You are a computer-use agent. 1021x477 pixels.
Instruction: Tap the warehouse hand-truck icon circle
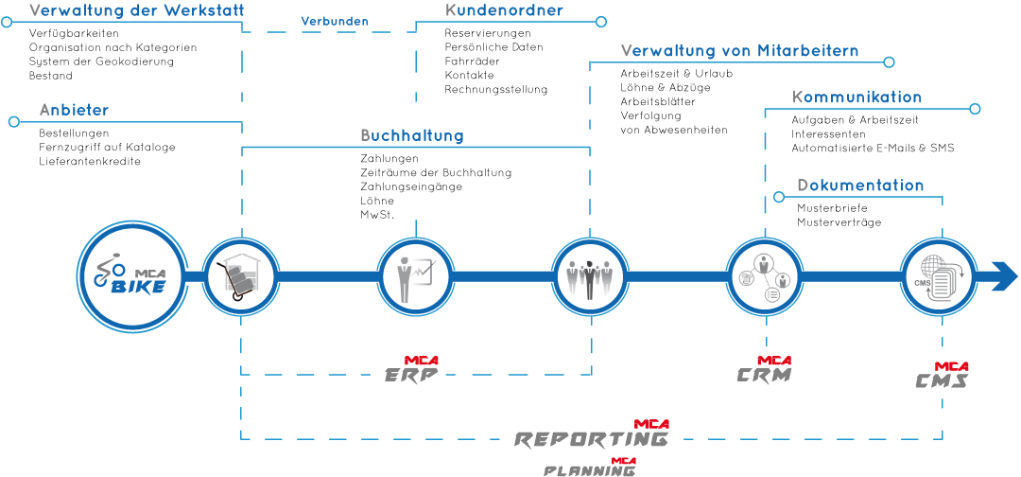point(241,276)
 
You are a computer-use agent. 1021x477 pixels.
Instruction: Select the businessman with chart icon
point(416,276)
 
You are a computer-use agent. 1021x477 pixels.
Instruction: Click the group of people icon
point(590,276)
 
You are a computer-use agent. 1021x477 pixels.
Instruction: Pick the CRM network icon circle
point(764,276)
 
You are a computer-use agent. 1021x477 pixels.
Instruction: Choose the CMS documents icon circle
point(938,276)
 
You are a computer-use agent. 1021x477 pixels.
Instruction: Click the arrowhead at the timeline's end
point(1003,276)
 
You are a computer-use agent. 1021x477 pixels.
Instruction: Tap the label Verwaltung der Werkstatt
point(137,11)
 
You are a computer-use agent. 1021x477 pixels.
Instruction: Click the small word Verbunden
point(335,21)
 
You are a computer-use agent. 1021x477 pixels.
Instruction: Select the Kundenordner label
point(504,11)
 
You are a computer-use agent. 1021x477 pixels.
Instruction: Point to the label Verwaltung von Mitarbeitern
point(739,51)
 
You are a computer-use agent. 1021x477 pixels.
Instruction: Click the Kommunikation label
point(857,97)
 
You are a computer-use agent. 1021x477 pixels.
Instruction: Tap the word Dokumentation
point(860,185)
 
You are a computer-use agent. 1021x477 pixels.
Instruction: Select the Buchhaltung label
point(412,135)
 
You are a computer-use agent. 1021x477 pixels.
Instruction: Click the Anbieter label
point(74,111)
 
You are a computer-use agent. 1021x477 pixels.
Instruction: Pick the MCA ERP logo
point(413,371)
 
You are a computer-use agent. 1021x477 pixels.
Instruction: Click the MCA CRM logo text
point(765,371)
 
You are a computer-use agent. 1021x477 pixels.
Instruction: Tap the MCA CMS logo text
point(943,377)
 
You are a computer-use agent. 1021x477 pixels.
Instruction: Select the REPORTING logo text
point(593,436)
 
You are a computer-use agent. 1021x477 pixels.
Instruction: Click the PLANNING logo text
point(590,468)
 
